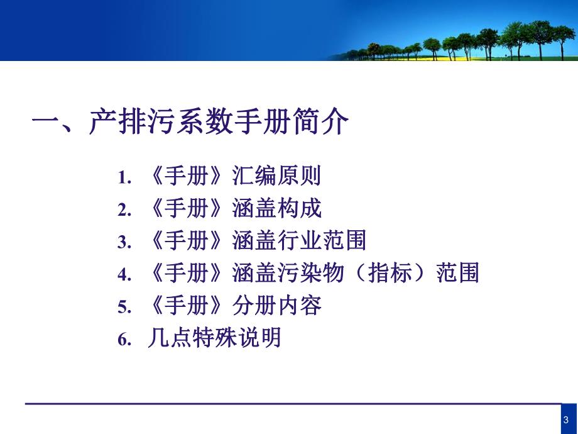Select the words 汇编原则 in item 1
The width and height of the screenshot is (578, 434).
(x=276, y=177)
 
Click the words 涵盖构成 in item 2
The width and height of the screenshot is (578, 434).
(x=276, y=209)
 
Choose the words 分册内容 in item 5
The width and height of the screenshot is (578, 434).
(x=276, y=306)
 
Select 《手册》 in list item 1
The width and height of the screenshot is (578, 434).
(x=187, y=177)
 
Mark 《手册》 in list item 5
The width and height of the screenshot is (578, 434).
(x=187, y=306)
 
